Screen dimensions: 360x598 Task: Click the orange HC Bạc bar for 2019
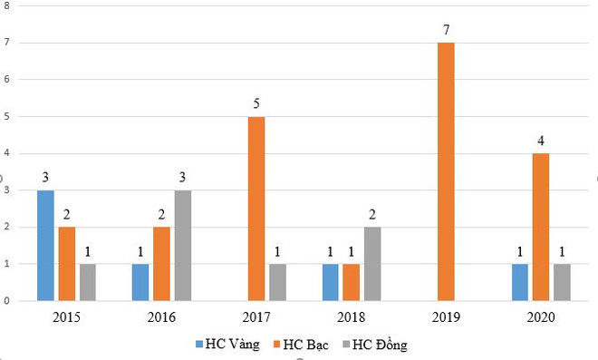447,171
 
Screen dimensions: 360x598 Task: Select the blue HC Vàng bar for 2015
46,245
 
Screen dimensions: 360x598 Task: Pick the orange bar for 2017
256,209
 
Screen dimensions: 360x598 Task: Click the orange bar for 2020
541,227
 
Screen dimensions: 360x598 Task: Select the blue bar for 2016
141,282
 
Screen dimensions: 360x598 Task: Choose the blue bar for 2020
520,282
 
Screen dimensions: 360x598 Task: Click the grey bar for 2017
277,282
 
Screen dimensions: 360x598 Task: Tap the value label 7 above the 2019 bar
447,31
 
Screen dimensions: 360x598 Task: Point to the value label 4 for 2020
541,141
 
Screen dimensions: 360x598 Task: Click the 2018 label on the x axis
352,316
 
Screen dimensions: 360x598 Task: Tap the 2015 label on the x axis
66,316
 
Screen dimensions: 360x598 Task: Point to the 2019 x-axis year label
447,316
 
